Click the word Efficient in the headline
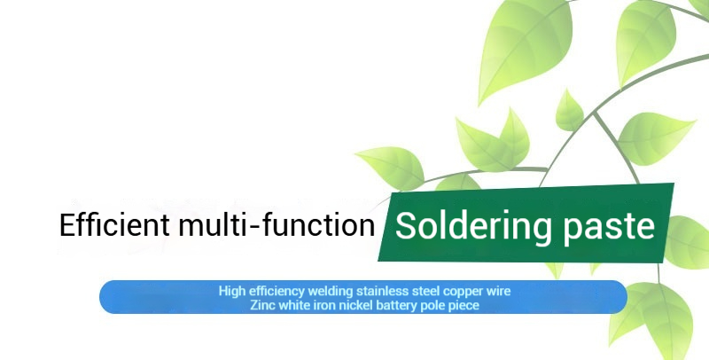(115, 224)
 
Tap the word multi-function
(277, 224)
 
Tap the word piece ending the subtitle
(464, 306)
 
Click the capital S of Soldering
(406, 226)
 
